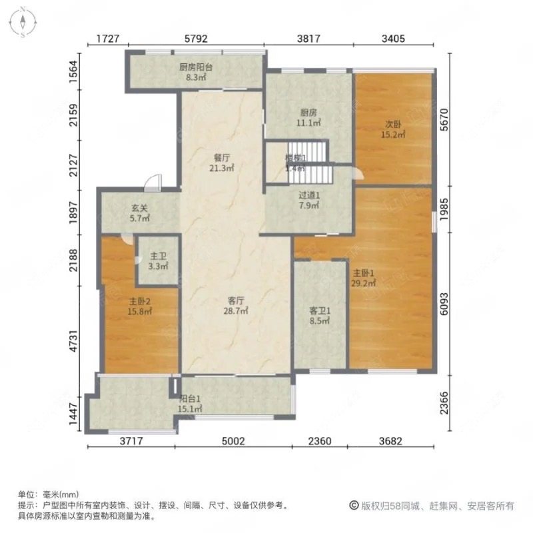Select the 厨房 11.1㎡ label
click(308, 117)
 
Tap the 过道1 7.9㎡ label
click(309, 201)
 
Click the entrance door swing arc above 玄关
click(154, 181)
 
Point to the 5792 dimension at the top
click(197, 39)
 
